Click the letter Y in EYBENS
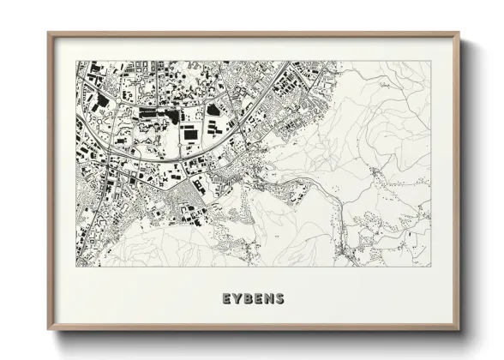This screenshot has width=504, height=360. [x=237, y=299]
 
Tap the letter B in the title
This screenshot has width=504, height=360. [x=248, y=299]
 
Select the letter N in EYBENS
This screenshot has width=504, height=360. [x=269, y=299]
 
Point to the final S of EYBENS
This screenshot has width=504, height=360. [x=279, y=299]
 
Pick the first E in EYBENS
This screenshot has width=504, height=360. [x=226, y=299]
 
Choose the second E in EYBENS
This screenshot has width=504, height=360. [x=258, y=299]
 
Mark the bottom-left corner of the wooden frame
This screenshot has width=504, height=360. [x=48, y=330]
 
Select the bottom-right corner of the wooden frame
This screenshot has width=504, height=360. [x=459, y=330]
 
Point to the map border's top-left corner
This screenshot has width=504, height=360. [x=76, y=61]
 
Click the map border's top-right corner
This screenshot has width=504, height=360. [x=431, y=61]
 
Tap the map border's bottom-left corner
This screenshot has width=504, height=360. [x=76, y=265]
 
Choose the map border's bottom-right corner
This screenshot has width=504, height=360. [x=431, y=265]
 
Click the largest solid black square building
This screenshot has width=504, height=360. [x=188, y=133]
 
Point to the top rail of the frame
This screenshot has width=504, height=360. [x=254, y=35]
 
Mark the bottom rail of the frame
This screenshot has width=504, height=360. [x=254, y=328]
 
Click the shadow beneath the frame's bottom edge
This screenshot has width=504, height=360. [x=254, y=336]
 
